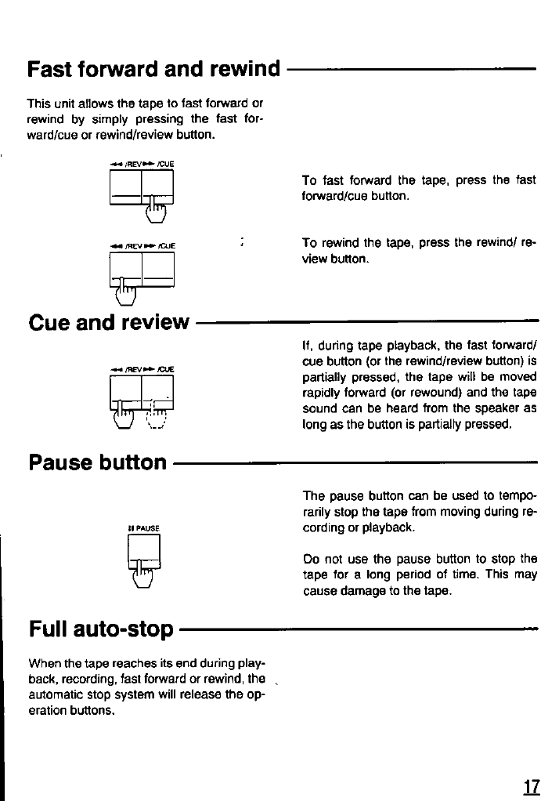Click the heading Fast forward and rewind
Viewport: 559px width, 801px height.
tap(153, 69)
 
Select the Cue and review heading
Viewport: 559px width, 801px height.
tap(109, 321)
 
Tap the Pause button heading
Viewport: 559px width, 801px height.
tap(98, 462)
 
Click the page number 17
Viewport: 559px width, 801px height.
tap(532, 785)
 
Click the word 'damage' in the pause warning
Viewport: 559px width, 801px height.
tap(362, 591)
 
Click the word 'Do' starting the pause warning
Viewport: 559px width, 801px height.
tap(310, 559)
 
